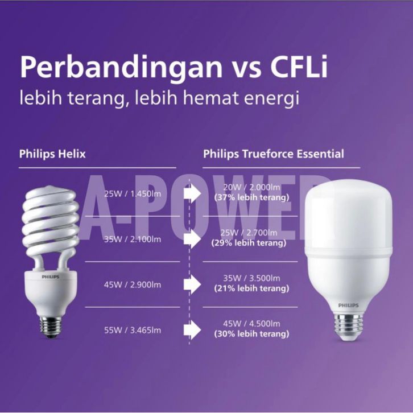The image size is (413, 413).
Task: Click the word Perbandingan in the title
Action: [x=121, y=68]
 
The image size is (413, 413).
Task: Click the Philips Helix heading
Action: [x=52, y=154]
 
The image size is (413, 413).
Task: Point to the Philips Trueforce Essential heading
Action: [x=274, y=154]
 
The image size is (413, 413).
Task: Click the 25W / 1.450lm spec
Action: [x=133, y=194]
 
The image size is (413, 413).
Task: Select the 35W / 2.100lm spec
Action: [x=133, y=239]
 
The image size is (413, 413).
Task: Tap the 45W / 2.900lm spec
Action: [x=133, y=285]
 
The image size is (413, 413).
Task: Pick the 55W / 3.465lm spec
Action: [x=133, y=331]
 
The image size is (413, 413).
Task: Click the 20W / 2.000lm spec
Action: [x=251, y=187]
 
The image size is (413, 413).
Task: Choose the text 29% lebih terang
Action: [x=249, y=243]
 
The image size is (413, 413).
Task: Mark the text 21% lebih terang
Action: [x=251, y=288]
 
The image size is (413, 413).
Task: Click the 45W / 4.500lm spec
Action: [x=251, y=324]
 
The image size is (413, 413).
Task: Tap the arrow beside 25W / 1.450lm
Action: [x=192, y=194]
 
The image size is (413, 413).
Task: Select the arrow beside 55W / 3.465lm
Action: [x=192, y=330]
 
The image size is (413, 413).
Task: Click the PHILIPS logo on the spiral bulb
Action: [x=51, y=277]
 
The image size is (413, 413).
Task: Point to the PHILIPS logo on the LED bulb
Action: [x=349, y=305]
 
